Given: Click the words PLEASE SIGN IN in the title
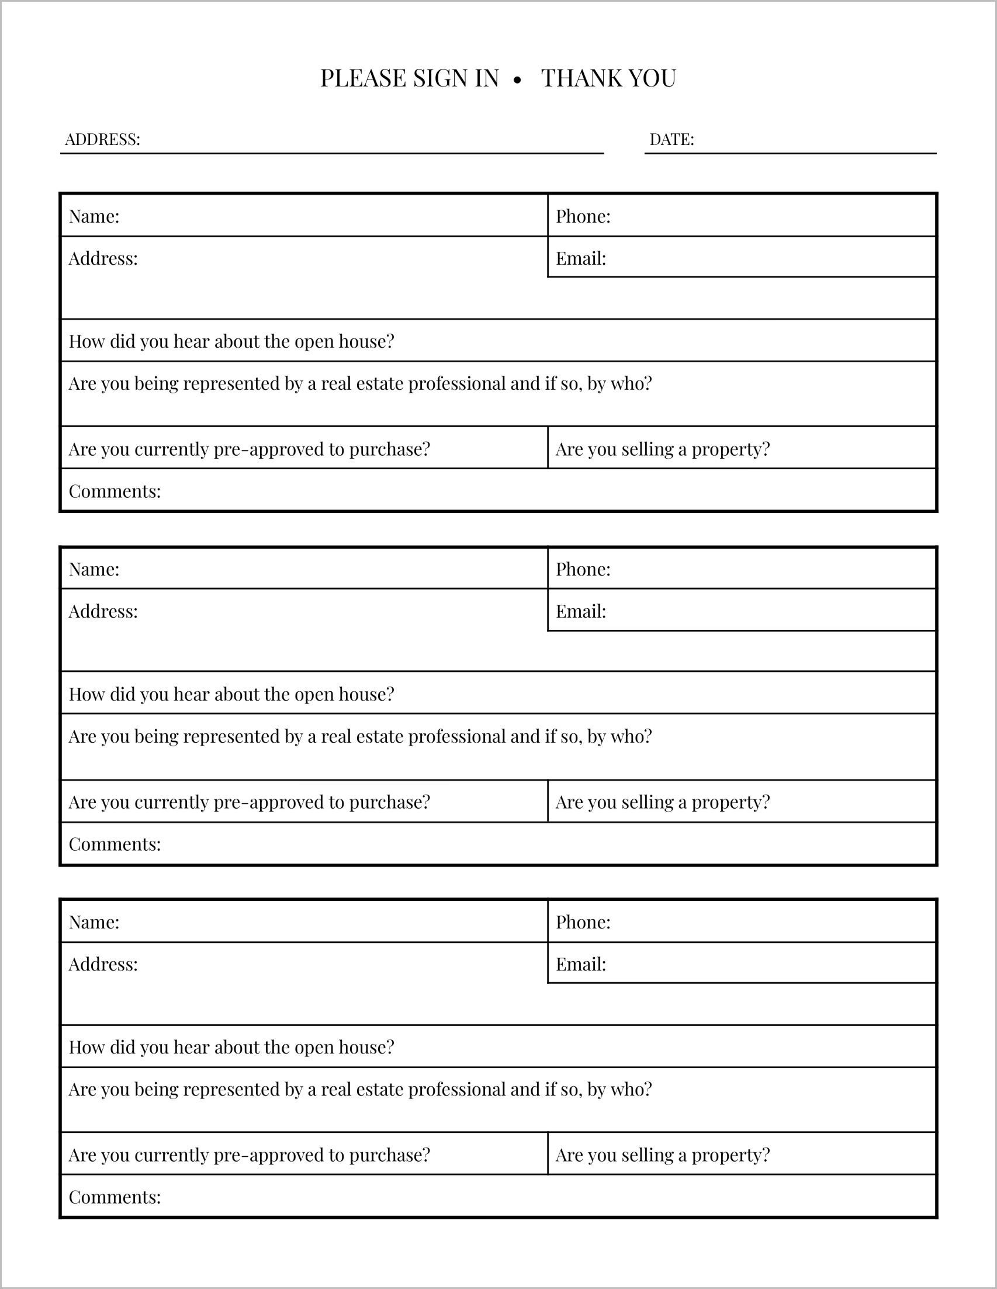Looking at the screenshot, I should tap(410, 78).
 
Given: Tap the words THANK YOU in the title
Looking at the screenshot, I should tap(608, 78).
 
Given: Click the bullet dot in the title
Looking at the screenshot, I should tap(518, 80).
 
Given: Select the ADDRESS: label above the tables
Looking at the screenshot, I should tap(103, 139).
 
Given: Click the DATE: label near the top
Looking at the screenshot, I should tap(671, 139).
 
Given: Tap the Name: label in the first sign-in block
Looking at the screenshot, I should tap(95, 217).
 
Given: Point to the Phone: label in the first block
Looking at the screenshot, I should tap(583, 217).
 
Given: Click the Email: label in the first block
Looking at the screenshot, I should tap(581, 258).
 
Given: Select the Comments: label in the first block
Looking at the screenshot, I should tap(115, 491).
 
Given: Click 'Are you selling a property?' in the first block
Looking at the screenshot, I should tap(663, 449).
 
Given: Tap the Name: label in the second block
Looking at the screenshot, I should tap(95, 569).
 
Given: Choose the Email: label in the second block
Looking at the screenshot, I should tap(581, 611).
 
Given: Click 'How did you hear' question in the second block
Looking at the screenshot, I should tap(231, 694).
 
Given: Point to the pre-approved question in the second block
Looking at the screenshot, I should tap(250, 802).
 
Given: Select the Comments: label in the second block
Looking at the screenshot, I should tap(115, 844).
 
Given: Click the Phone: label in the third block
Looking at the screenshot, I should tap(583, 922).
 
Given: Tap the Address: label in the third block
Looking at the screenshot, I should tap(103, 964).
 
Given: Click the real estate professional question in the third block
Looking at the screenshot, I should tap(360, 1089).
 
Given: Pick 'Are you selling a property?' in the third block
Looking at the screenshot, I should tap(663, 1155).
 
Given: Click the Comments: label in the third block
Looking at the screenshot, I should tap(115, 1197).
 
